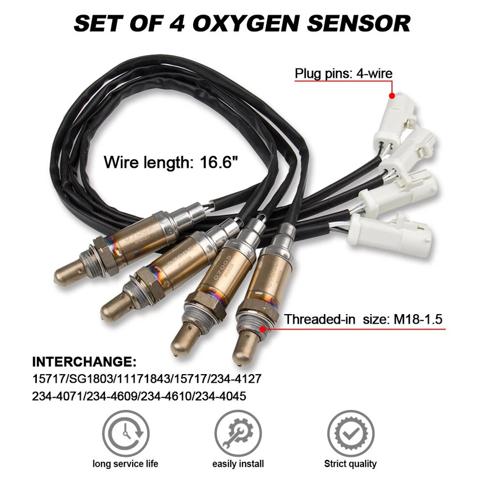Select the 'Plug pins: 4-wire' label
point(343,74)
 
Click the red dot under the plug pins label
point(391,95)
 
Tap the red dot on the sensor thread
point(263,329)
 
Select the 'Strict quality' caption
point(350,464)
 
